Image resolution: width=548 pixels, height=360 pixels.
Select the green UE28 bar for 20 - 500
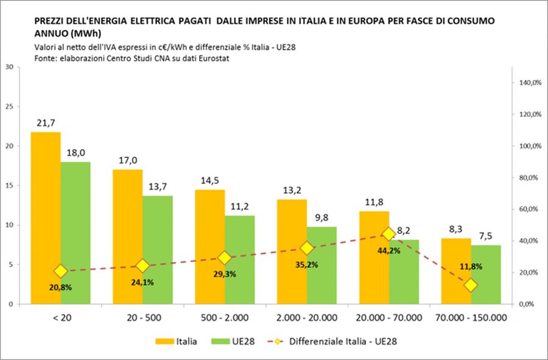[158, 250]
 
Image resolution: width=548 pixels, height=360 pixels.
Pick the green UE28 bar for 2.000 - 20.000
[322, 265]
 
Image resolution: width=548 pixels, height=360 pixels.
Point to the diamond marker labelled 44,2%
[389, 234]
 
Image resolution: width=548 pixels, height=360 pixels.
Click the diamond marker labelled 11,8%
[471, 285]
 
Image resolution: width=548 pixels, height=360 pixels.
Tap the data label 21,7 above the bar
[46, 124]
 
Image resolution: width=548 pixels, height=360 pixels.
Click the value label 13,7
[158, 188]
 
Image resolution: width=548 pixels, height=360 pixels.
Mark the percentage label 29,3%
[224, 274]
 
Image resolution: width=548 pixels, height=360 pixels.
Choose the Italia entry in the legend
[177, 341]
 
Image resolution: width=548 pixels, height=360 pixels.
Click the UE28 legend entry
[235, 341]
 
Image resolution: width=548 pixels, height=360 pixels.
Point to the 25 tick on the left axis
[9, 107]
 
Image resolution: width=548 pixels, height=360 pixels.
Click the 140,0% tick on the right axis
[530, 83]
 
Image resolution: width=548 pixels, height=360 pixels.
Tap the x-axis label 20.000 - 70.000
[388, 317]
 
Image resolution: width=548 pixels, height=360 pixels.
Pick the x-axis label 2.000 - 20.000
[307, 317]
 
